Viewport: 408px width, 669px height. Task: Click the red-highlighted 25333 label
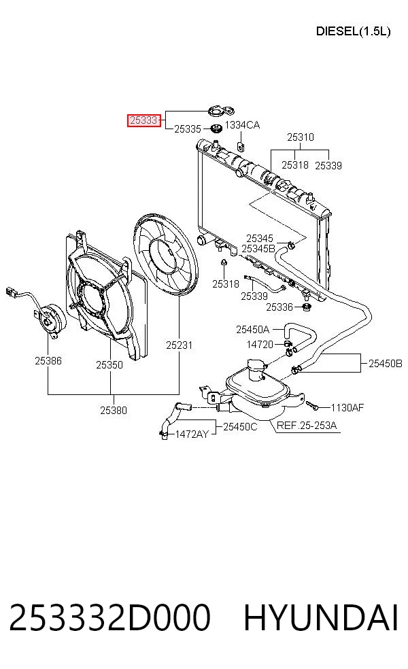[144, 120]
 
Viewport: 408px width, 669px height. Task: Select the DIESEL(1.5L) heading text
[353, 31]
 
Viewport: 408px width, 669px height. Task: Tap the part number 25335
[188, 129]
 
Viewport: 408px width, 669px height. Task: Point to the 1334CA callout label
[242, 125]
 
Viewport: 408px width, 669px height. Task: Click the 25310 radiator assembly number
[301, 137]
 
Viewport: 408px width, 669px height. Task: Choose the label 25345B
[258, 248]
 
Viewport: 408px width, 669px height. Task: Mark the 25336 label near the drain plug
[279, 307]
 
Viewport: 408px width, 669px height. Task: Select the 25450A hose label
[253, 329]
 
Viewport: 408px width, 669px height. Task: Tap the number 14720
[260, 344]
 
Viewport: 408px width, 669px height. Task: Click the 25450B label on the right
[386, 364]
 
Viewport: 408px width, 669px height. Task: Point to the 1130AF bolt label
[347, 407]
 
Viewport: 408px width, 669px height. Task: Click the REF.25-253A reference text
[307, 425]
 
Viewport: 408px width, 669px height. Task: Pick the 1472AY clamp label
[192, 434]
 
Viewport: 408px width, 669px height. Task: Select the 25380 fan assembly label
[114, 410]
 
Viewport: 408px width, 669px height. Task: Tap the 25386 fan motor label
[48, 360]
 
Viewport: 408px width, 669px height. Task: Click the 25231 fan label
[180, 345]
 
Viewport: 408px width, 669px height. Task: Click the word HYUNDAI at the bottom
[321, 617]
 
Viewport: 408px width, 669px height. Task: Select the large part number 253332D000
[109, 617]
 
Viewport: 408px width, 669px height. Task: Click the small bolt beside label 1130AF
[312, 405]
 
